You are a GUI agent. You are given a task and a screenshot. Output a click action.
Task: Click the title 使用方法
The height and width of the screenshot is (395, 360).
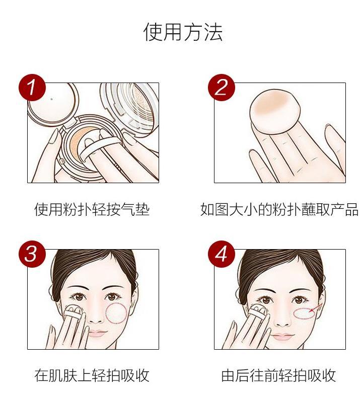tap(183, 32)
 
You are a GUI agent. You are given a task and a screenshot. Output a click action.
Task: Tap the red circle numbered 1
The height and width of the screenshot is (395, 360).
tap(32, 88)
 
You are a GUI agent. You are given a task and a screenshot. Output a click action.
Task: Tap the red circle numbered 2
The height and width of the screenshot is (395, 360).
tap(222, 88)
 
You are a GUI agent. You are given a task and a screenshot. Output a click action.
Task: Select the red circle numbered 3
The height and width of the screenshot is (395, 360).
tap(32, 254)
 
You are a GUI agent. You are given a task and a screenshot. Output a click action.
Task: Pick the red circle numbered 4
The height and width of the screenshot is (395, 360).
tap(222, 254)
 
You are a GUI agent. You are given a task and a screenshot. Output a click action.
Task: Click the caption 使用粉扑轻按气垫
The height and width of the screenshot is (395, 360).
tap(92, 209)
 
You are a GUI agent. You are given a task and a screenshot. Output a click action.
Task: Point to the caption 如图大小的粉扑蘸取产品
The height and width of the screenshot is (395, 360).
tap(279, 209)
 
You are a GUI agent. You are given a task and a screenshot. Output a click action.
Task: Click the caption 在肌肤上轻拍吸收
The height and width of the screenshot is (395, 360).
tap(92, 375)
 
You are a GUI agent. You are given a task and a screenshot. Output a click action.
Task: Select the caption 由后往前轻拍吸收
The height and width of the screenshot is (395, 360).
tap(278, 375)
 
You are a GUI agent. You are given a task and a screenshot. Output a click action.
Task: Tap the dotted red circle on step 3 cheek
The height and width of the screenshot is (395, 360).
tap(116, 313)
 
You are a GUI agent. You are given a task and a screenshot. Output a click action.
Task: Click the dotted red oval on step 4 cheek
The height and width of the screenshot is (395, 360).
tap(304, 313)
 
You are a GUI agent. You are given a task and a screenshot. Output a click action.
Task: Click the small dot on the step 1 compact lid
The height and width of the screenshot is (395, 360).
tap(52, 99)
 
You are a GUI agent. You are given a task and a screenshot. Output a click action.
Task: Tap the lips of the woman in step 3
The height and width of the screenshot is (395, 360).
tap(98, 334)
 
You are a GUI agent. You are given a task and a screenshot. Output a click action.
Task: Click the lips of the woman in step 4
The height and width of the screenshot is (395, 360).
tap(283, 336)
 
